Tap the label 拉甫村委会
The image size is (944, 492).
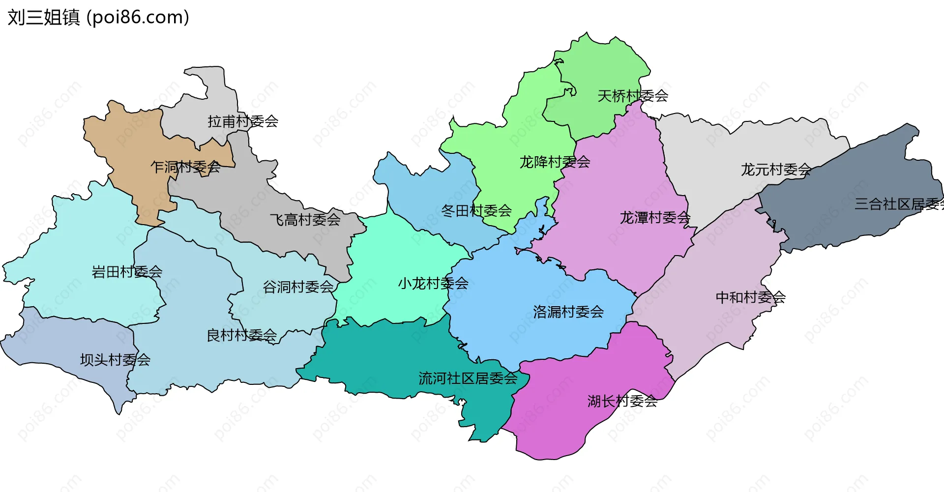click(x=243, y=121)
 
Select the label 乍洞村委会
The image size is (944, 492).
click(x=185, y=167)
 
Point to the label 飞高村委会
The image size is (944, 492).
click(x=305, y=220)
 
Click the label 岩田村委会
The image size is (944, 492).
click(x=127, y=272)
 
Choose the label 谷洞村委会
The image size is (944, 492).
click(x=298, y=287)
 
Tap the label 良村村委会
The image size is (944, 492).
click(x=241, y=336)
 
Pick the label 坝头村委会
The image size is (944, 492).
click(x=115, y=360)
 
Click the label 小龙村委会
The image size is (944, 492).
click(x=433, y=284)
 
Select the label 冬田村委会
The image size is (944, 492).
click(x=476, y=211)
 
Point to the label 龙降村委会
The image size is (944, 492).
click(x=555, y=162)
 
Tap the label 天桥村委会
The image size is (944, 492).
click(x=632, y=96)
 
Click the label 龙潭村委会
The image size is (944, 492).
click(x=655, y=217)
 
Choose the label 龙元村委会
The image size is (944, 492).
click(x=776, y=170)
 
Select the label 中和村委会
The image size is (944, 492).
click(x=750, y=297)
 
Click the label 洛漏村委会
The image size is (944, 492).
click(x=568, y=312)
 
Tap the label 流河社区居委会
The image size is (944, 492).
click(x=468, y=378)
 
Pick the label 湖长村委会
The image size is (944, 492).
click(x=622, y=402)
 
